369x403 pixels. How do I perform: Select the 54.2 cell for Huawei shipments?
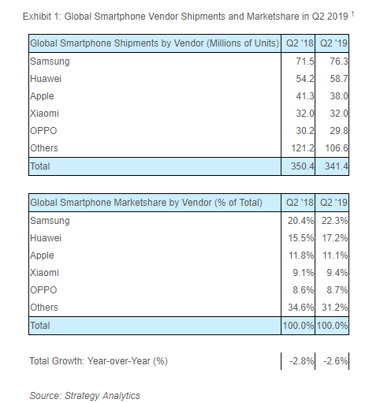tap(298, 78)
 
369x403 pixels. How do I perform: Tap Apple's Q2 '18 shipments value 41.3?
tap(298, 95)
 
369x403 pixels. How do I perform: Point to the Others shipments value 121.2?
tap(296, 147)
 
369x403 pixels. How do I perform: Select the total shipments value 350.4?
tap(296, 166)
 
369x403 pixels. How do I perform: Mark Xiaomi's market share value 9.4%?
tap(329, 272)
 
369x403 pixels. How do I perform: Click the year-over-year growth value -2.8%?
tap(298, 360)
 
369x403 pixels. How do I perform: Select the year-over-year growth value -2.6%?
tap(329, 360)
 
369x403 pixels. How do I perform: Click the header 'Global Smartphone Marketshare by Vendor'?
tap(145, 203)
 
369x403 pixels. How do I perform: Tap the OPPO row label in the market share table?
tap(45, 289)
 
